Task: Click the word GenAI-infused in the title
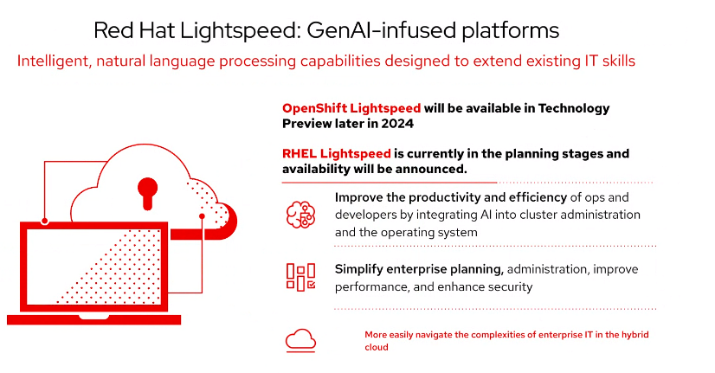pos(381,30)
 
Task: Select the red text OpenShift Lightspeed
pos(351,108)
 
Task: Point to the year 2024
pos(397,124)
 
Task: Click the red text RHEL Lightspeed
pos(336,154)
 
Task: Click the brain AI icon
pos(300,215)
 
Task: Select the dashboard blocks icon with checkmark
pos(300,277)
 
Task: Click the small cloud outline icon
pos(300,341)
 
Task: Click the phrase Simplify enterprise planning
pos(419,269)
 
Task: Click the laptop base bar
pos(94,319)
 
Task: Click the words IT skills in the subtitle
pos(609,61)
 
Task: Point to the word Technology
pos(574,108)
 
